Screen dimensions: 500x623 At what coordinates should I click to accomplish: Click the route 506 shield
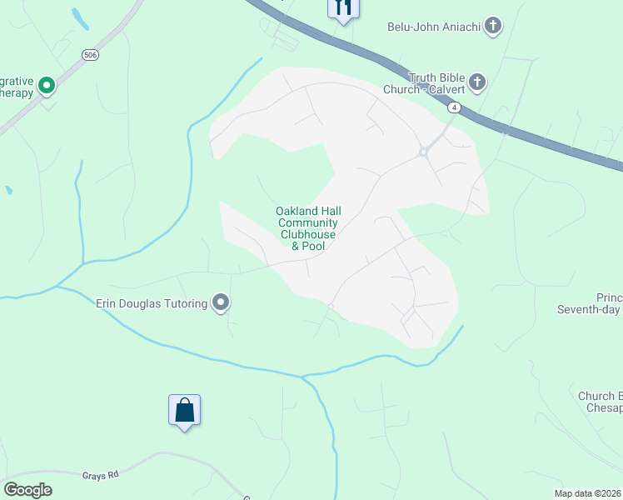click(x=91, y=54)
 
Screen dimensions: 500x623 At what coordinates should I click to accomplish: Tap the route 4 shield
click(x=453, y=107)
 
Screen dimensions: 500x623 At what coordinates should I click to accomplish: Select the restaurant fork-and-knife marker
click(x=343, y=8)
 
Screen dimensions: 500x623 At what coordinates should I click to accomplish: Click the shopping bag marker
click(x=184, y=411)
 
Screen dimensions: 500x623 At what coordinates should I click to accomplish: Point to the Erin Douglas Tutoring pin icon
click(x=221, y=302)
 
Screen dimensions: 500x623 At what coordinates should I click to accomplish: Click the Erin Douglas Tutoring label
click(x=152, y=303)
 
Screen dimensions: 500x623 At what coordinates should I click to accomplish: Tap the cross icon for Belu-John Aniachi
click(x=493, y=26)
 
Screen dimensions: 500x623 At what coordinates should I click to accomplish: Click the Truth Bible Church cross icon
click(x=476, y=82)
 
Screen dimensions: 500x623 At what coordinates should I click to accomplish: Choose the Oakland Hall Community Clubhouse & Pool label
click(x=308, y=228)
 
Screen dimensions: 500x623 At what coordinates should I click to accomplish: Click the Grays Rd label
click(x=101, y=475)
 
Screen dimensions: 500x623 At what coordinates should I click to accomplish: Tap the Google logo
click(x=27, y=489)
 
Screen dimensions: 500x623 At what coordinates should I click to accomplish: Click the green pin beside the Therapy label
click(x=47, y=84)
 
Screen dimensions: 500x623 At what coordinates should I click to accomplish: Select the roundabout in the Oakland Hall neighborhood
click(x=423, y=152)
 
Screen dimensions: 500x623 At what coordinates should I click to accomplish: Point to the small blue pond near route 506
click(x=80, y=18)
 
